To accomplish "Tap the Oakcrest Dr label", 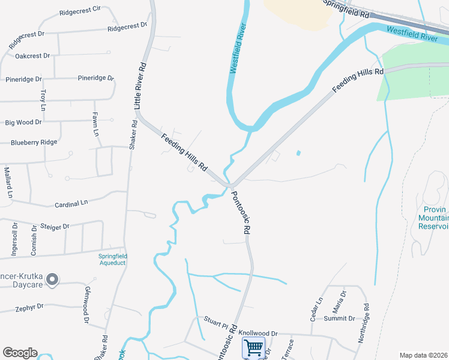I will click(32, 56).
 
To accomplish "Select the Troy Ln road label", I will click(43, 100).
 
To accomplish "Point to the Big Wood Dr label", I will click(23, 122).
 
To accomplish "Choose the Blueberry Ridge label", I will click(34, 142).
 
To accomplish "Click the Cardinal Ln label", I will click(71, 203).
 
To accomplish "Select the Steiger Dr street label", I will click(55, 226).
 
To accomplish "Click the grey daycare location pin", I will click(52, 279).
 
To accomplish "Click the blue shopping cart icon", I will click(253, 347).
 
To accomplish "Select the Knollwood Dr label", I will click(258, 333).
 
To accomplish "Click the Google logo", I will click(20, 353).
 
